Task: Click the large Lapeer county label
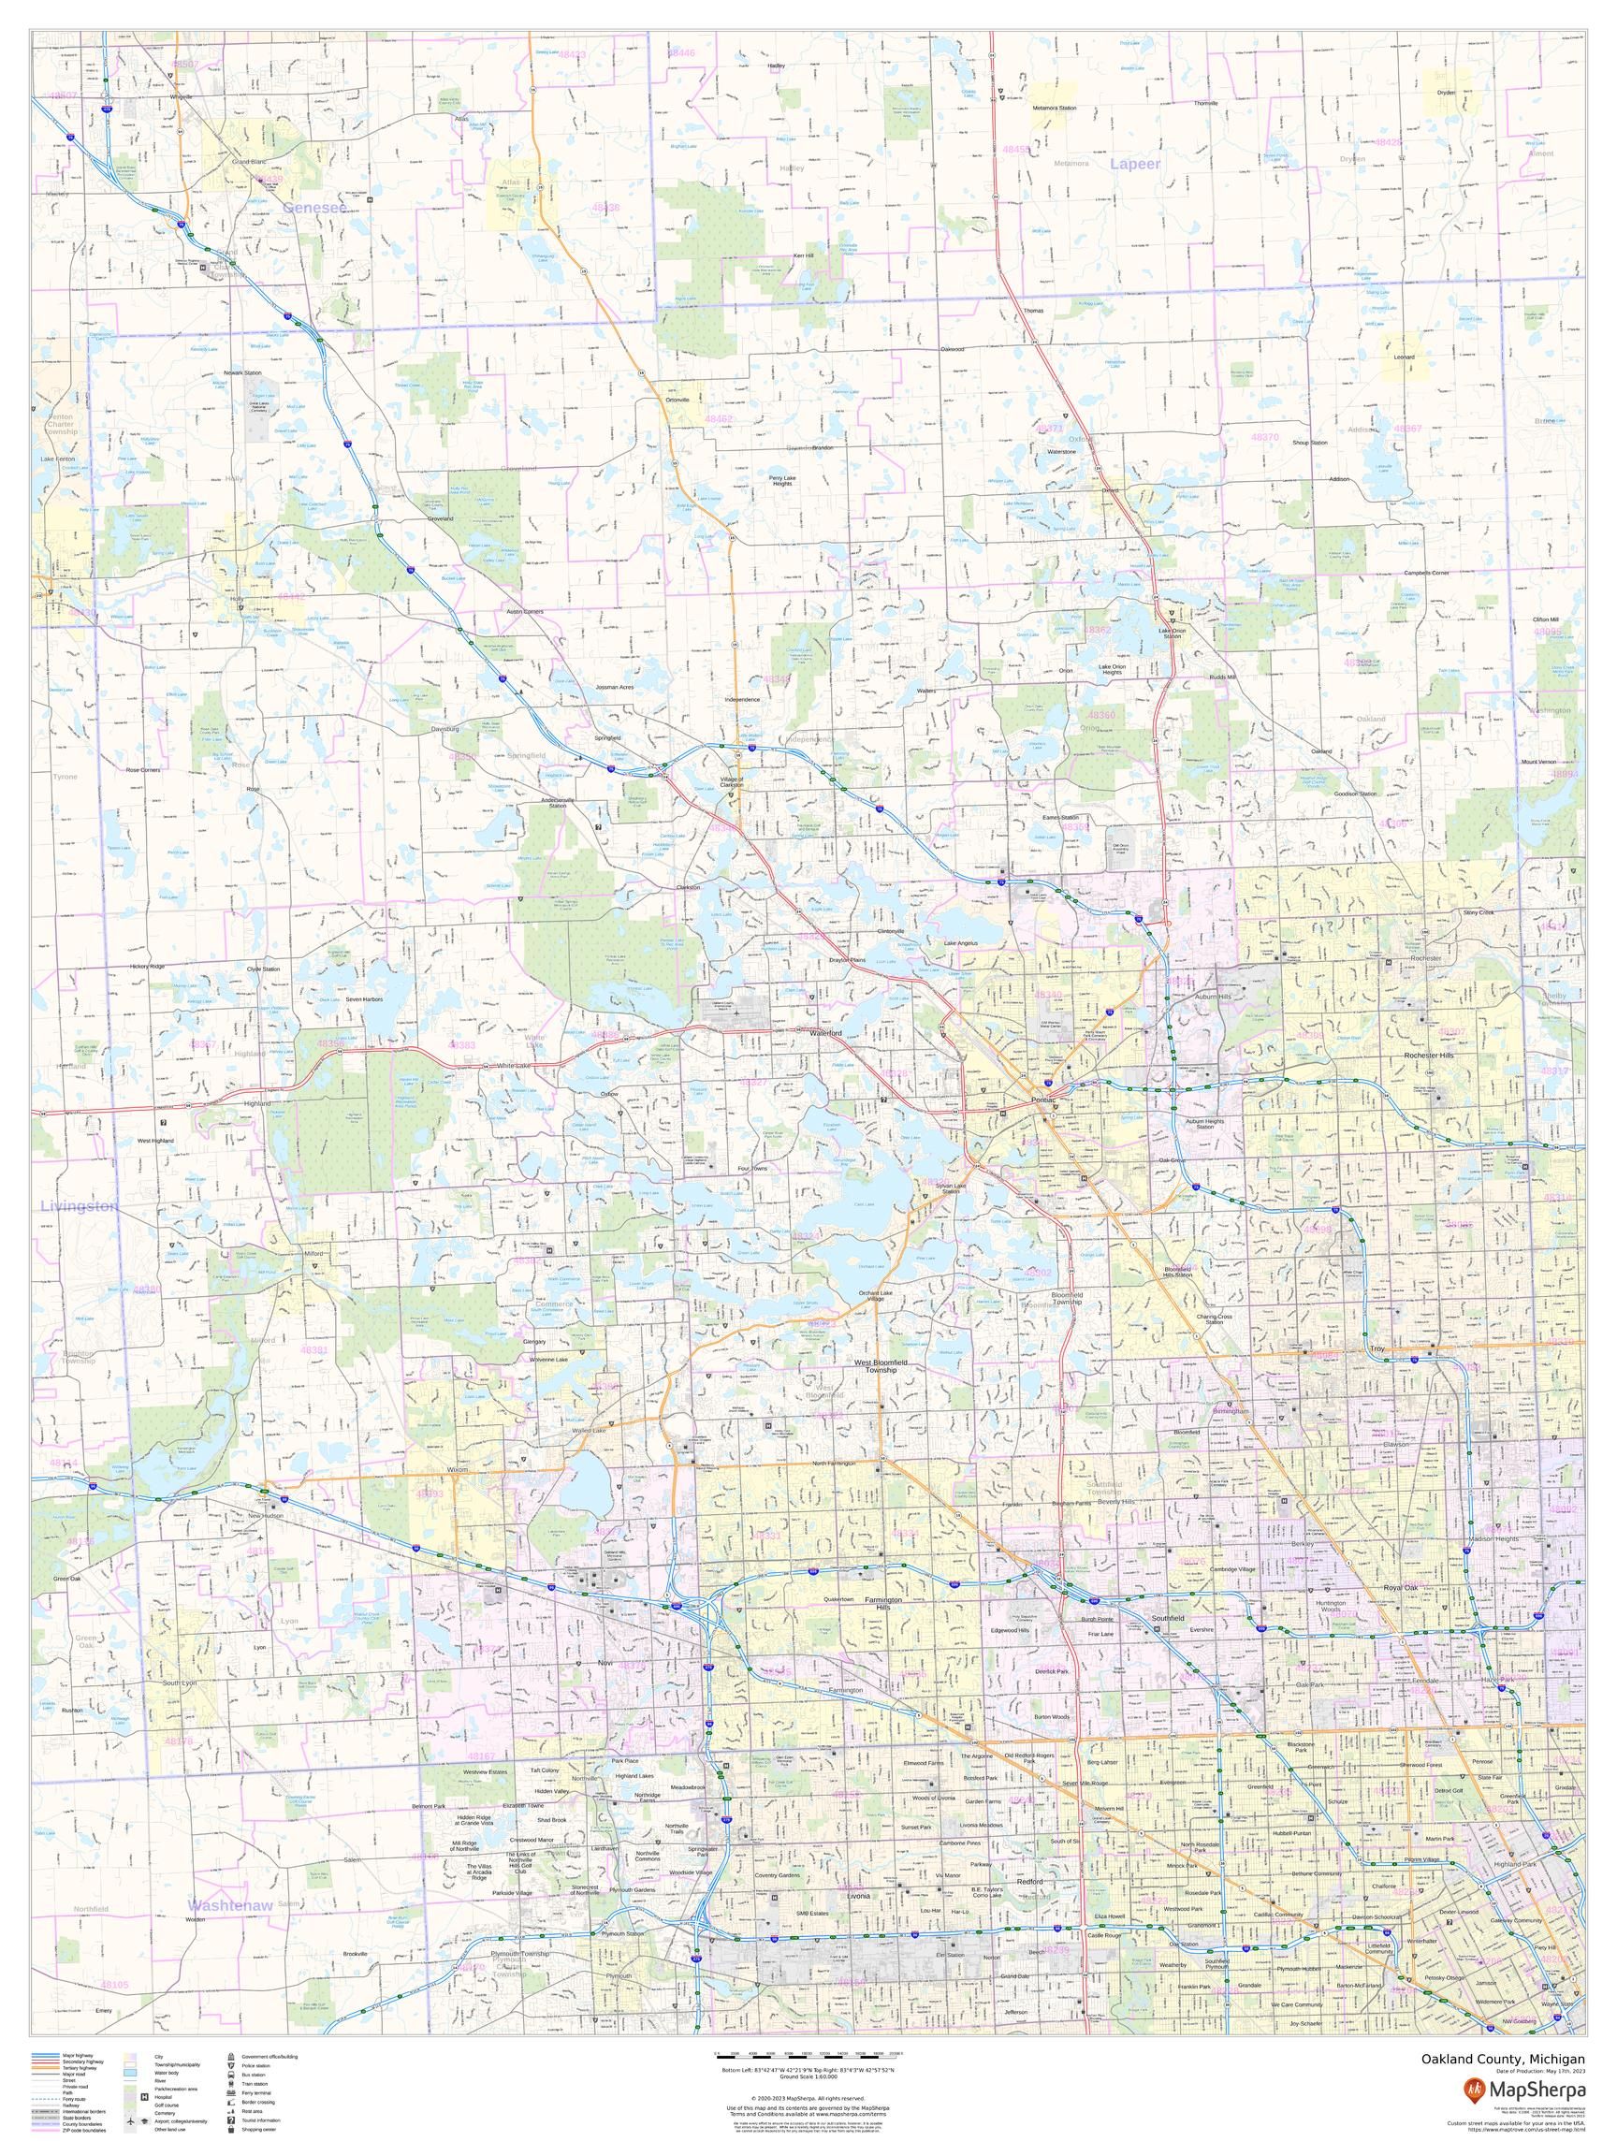1134,164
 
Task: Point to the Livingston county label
79,1205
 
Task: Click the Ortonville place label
677,400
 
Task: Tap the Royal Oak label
1401,1588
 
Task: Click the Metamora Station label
1055,108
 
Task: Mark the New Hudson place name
265,1517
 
